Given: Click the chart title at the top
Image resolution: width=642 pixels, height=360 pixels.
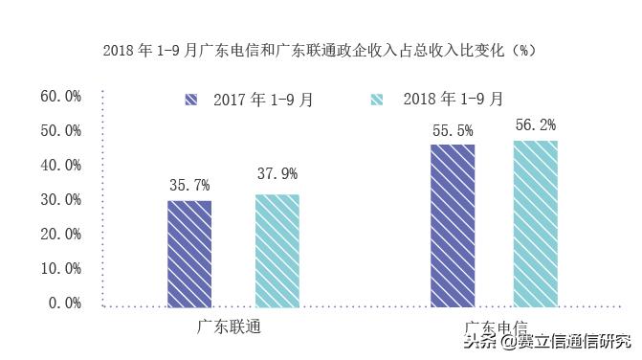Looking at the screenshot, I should pyautogui.click(x=321, y=49).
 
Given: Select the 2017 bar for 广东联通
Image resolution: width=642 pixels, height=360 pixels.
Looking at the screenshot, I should pyautogui.click(x=189, y=254).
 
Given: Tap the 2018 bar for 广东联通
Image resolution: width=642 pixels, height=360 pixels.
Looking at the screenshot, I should pyautogui.click(x=277, y=251).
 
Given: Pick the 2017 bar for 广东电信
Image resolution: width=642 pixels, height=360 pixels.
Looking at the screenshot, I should pyautogui.click(x=453, y=226).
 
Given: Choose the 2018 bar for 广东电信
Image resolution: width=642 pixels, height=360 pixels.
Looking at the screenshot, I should pyautogui.click(x=535, y=224).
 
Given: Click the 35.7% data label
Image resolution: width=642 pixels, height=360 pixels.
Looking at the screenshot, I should pyautogui.click(x=189, y=185).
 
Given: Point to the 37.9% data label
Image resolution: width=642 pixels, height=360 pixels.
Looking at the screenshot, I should pyautogui.click(x=277, y=174).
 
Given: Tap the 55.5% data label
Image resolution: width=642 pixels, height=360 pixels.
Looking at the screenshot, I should pyautogui.click(x=453, y=126).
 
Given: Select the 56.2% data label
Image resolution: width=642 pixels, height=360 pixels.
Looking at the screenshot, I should pyautogui.click(x=536, y=124).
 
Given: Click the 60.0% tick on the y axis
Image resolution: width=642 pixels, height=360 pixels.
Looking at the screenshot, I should pyautogui.click(x=60, y=96).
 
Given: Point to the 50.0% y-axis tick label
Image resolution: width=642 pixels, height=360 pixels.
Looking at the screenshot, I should pyautogui.click(x=60, y=130).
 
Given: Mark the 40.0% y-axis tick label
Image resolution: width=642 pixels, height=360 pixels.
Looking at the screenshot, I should pyautogui.click(x=60, y=165).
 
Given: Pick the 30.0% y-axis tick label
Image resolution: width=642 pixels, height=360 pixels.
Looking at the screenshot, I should pyautogui.click(x=60, y=199).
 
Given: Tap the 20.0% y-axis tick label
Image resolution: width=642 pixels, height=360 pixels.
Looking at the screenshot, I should pyautogui.click(x=60, y=234).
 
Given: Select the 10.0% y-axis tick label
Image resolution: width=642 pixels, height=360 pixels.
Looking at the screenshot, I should pyautogui.click(x=60, y=268).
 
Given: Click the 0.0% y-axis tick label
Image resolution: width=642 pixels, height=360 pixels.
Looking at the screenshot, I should pyautogui.click(x=64, y=303).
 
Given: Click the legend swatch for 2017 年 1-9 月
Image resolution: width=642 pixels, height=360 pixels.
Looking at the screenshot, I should pyautogui.click(x=192, y=99).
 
